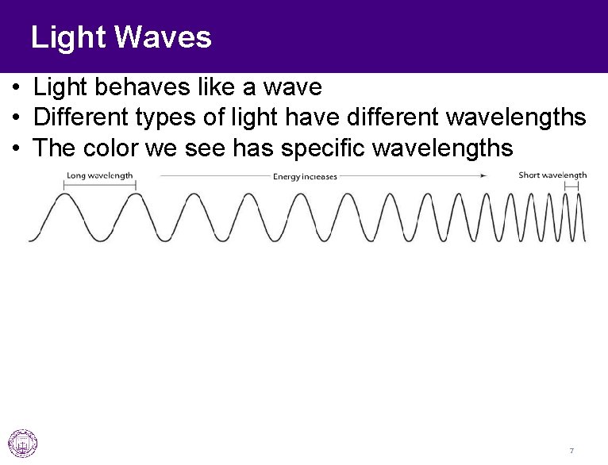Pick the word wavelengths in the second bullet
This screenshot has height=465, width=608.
[x=517, y=117]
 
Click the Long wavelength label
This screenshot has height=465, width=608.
[x=99, y=175]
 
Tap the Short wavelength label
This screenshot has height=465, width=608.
[x=552, y=175]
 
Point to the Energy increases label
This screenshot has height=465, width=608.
[x=305, y=176]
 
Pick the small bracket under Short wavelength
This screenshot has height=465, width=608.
[x=571, y=186]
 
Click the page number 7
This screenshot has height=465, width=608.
[x=571, y=451]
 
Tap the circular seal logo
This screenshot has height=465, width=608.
[x=23, y=443]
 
